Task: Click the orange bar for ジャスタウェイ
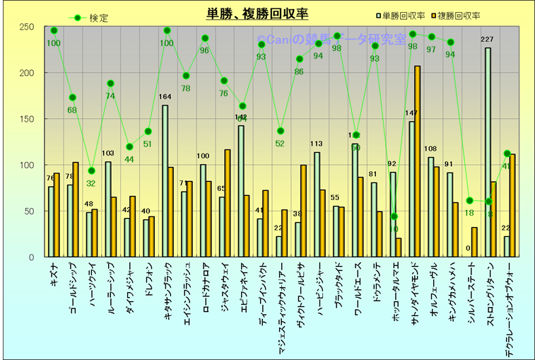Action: (x=228, y=203)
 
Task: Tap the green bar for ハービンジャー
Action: (x=317, y=204)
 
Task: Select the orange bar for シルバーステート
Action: (x=475, y=242)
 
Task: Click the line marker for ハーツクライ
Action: (x=91, y=170)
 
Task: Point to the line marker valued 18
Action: (x=469, y=200)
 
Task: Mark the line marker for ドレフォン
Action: (x=148, y=131)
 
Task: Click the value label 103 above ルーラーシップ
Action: (x=107, y=153)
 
